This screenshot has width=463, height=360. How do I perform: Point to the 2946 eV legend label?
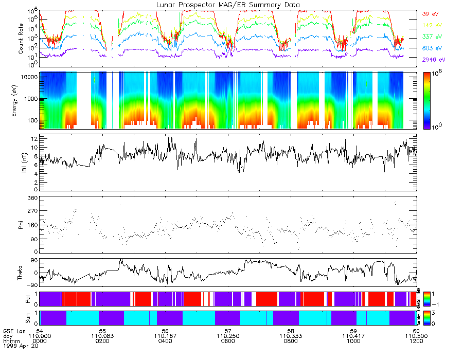click(433, 60)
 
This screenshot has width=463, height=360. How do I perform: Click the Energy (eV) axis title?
click(21, 100)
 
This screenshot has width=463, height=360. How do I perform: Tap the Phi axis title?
click(21, 224)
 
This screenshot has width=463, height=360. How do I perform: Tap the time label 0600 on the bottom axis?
click(228, 340)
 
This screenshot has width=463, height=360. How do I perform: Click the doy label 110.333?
click(291, 335)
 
